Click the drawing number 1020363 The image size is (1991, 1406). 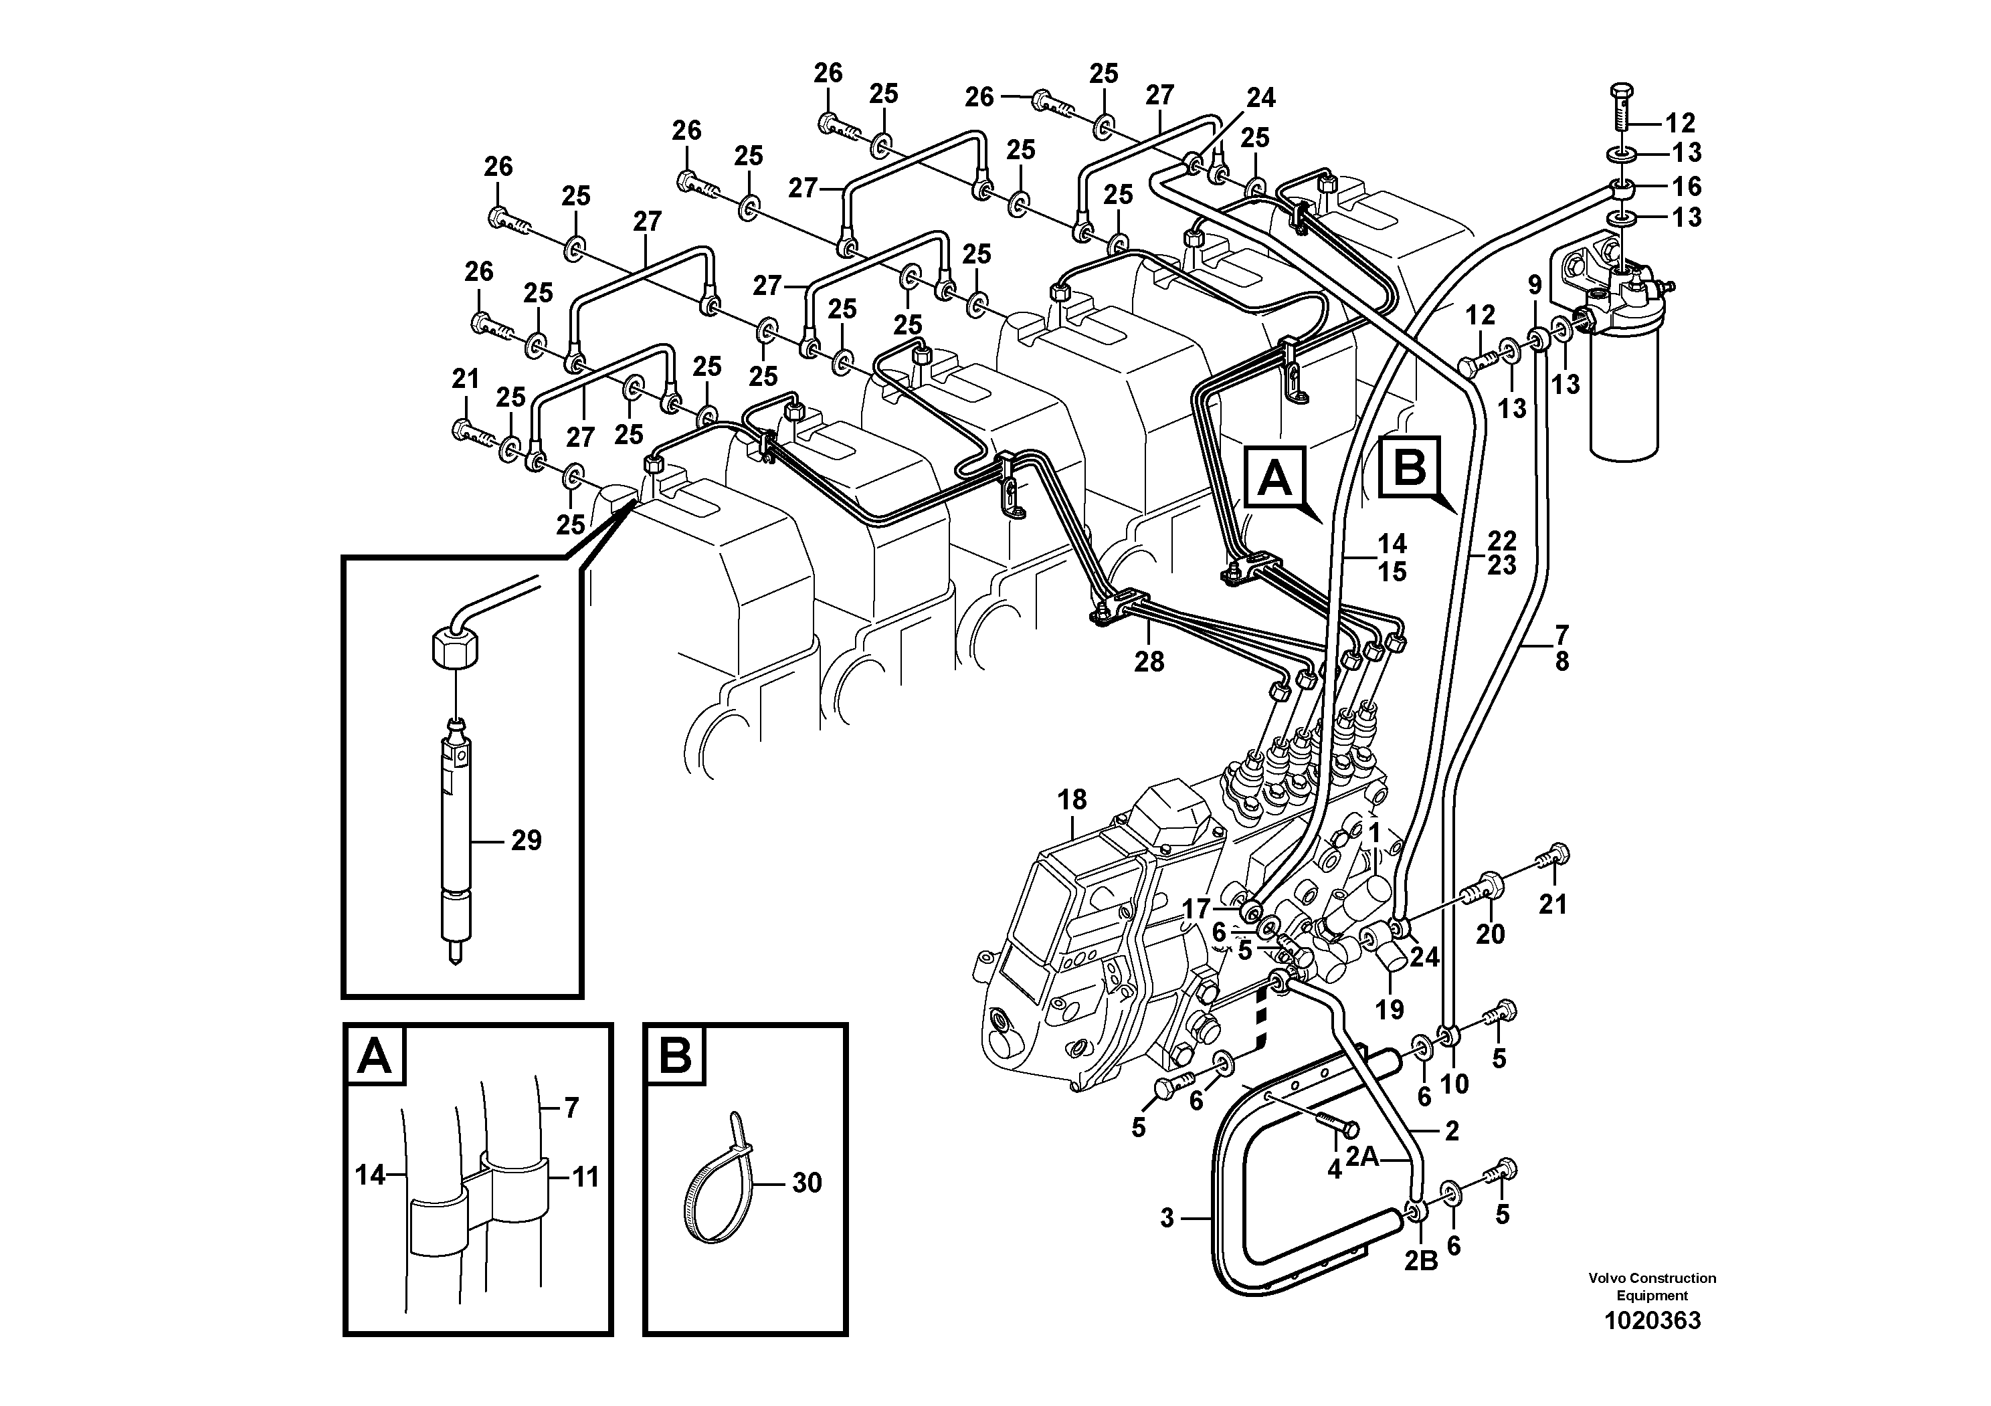point(1652,1321)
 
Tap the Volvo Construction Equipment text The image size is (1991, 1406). point(1652,1286)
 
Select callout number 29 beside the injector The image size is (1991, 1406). point(525,840)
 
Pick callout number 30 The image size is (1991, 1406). point(806,1183)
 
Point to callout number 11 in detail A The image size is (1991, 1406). point(586,1177)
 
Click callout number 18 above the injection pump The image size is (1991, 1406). point(1072,800)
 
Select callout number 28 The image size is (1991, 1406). point(1149,662)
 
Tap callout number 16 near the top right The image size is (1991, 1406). point(1687,187)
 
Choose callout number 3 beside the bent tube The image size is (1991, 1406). point(1167,1219)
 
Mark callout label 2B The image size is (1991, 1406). point(1420,1262)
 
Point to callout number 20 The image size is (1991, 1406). point(1490,934)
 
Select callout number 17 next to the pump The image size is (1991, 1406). point(1196,909)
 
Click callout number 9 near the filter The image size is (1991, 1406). point(1535,284)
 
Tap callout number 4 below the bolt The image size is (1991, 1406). point(1334,1171)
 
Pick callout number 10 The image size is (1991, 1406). point(1454,1084)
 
